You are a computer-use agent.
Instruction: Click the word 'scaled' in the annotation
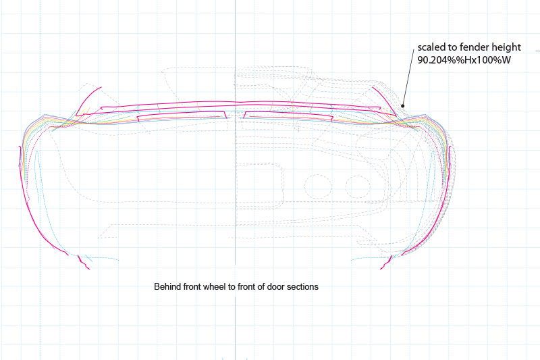[429, 47]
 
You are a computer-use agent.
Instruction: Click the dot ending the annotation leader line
[403, 105]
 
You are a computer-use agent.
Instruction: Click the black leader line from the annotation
[408, 78]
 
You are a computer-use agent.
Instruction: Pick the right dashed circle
[357, 185]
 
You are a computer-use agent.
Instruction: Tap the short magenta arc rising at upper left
[88, 99]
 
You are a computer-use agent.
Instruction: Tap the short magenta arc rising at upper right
[382, 99]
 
